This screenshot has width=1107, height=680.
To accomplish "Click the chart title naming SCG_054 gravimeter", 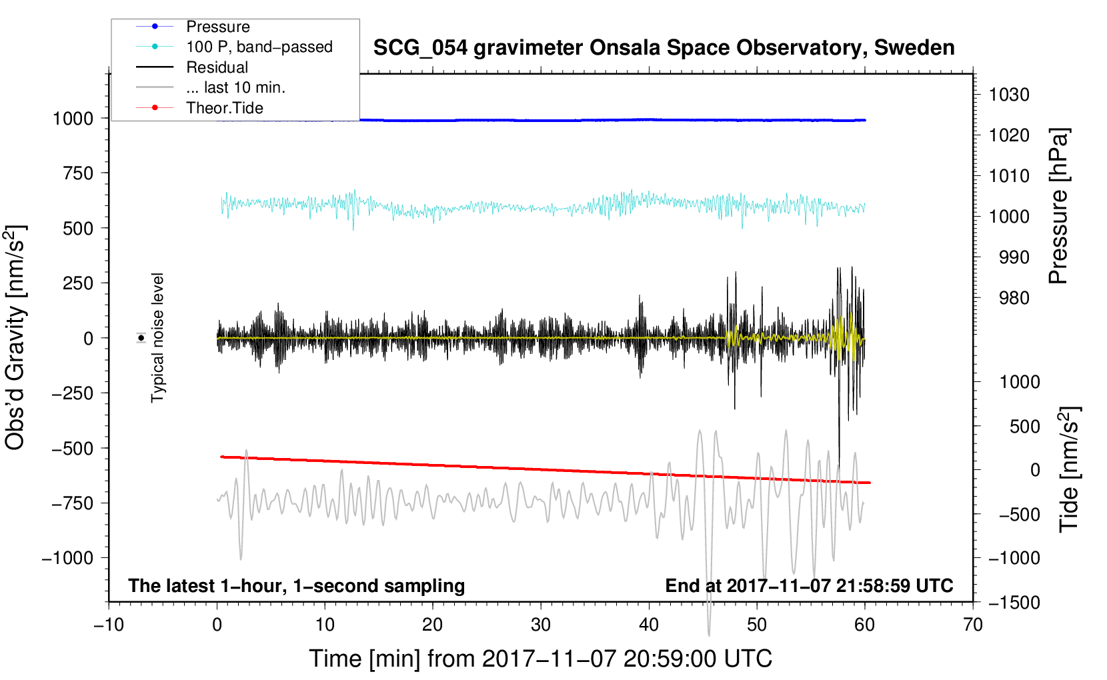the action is point(664,48).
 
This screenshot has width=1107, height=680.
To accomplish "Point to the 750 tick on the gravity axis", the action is point(78,173).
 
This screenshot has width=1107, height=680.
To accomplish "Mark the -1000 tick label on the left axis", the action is point(68,558).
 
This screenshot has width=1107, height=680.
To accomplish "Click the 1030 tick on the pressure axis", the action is point(1009,95).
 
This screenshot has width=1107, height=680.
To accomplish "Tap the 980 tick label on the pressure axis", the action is point(1014,298).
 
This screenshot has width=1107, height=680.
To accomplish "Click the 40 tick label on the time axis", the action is point(649,625).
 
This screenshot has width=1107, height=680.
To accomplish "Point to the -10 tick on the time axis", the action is point(109,625).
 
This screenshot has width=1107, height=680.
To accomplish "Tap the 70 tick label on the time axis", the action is point(973,625).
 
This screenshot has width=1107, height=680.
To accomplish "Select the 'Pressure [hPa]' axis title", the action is point(1058,206).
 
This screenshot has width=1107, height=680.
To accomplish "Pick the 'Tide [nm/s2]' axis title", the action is point(1069,469).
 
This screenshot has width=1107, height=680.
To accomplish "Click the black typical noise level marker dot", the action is point(141,338).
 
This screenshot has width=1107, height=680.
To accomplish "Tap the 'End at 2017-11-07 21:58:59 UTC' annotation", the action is point(809,585).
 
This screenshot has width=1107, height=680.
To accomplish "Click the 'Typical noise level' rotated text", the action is point(157,337).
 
